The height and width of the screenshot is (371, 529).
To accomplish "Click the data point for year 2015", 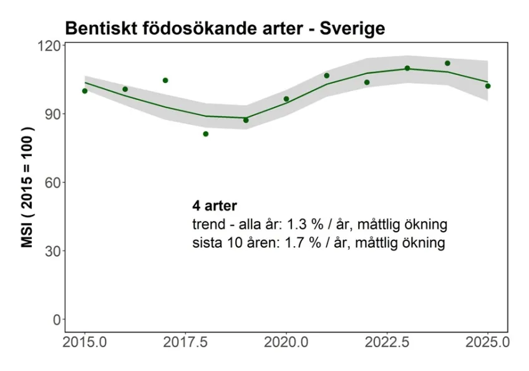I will tap(85, 91).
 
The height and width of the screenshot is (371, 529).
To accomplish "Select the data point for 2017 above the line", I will tap(165, 81).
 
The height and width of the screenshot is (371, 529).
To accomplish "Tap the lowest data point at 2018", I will tap(206, 134).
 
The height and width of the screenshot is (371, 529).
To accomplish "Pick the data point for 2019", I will tap(246, 120).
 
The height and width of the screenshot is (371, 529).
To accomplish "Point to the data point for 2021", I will tap(326, 76).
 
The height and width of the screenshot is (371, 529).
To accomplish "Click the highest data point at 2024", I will tap(447, 63).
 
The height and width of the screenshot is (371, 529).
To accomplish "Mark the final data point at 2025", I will tap(488, 86).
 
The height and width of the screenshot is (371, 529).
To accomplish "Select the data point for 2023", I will tap(407, 68).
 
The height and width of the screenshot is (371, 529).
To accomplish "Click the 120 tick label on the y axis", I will tap(47, 46).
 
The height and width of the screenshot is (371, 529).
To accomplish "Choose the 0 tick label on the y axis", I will tap(56, 320).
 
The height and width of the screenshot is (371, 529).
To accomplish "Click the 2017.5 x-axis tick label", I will tap(185, 342).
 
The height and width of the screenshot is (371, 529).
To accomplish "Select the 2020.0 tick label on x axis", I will tap(286, 342).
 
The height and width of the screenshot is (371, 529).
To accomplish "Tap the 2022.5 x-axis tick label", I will tap(387, 342).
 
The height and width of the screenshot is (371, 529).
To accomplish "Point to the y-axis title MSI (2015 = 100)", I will tap(27, 187).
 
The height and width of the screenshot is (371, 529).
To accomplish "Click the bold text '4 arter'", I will tap(215, 205).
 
